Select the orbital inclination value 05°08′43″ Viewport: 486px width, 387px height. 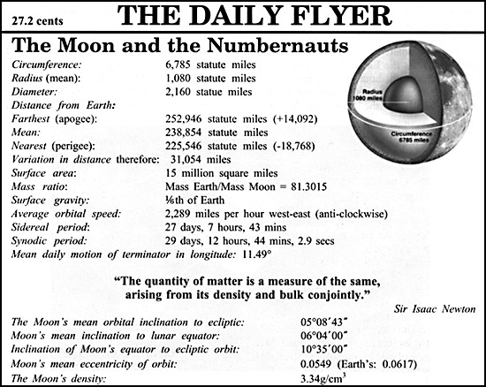tap(328, 324)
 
